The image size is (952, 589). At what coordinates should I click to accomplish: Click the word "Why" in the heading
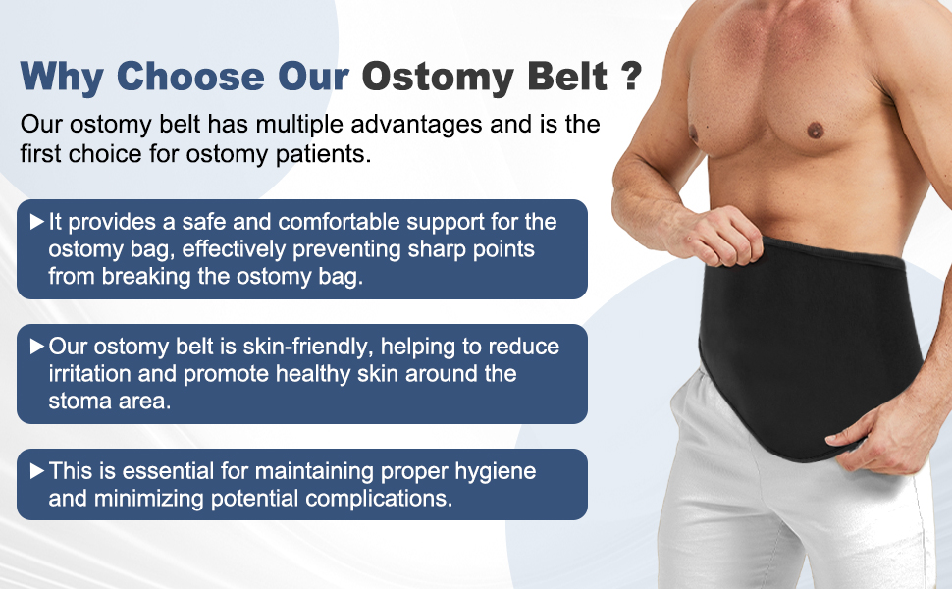click(61, 78)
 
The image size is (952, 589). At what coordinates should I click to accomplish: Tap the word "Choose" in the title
click(190, 77)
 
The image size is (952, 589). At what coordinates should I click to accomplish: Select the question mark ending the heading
click(631, 77)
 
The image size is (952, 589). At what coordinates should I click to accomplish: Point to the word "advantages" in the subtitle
click(416, 124)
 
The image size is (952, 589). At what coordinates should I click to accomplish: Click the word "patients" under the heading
click(322, 154)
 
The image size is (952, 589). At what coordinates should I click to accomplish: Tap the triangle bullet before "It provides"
click(37, 222)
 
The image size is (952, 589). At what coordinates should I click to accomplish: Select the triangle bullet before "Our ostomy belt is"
click(37, 347)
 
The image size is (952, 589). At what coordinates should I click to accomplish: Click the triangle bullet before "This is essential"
click(37, 470)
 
